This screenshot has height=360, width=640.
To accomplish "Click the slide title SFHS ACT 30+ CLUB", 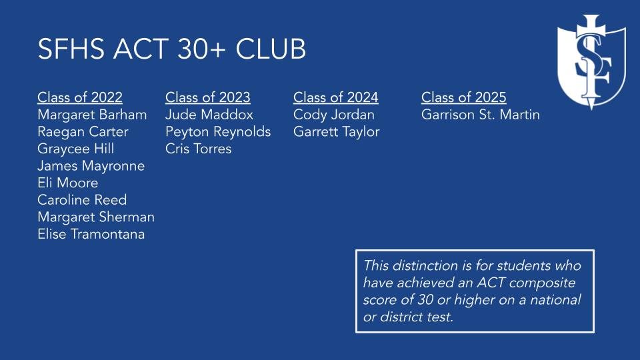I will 172,50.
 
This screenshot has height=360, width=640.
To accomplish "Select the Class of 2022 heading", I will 80,98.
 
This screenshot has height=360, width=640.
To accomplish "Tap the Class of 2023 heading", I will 208,98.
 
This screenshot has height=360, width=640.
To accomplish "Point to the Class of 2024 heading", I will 336,98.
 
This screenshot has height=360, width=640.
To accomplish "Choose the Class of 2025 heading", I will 464,98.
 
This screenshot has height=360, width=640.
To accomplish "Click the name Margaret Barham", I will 92,115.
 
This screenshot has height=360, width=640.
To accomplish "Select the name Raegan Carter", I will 83,132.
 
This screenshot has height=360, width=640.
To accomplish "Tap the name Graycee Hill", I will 76,149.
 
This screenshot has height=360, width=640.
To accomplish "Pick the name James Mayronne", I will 91,166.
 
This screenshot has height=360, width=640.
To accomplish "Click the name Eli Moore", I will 68,183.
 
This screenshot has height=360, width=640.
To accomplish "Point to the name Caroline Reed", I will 82,200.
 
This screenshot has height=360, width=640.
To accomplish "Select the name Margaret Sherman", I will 96,217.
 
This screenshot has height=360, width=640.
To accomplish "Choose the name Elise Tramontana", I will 91,234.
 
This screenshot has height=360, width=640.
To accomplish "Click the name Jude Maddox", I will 209,115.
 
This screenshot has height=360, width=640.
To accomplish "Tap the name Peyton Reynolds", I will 218,132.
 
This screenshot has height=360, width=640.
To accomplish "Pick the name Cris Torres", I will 199,149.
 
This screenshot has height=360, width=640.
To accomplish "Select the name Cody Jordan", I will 334,115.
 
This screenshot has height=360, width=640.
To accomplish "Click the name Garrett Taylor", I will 337,132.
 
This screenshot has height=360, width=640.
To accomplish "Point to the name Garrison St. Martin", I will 481,115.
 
